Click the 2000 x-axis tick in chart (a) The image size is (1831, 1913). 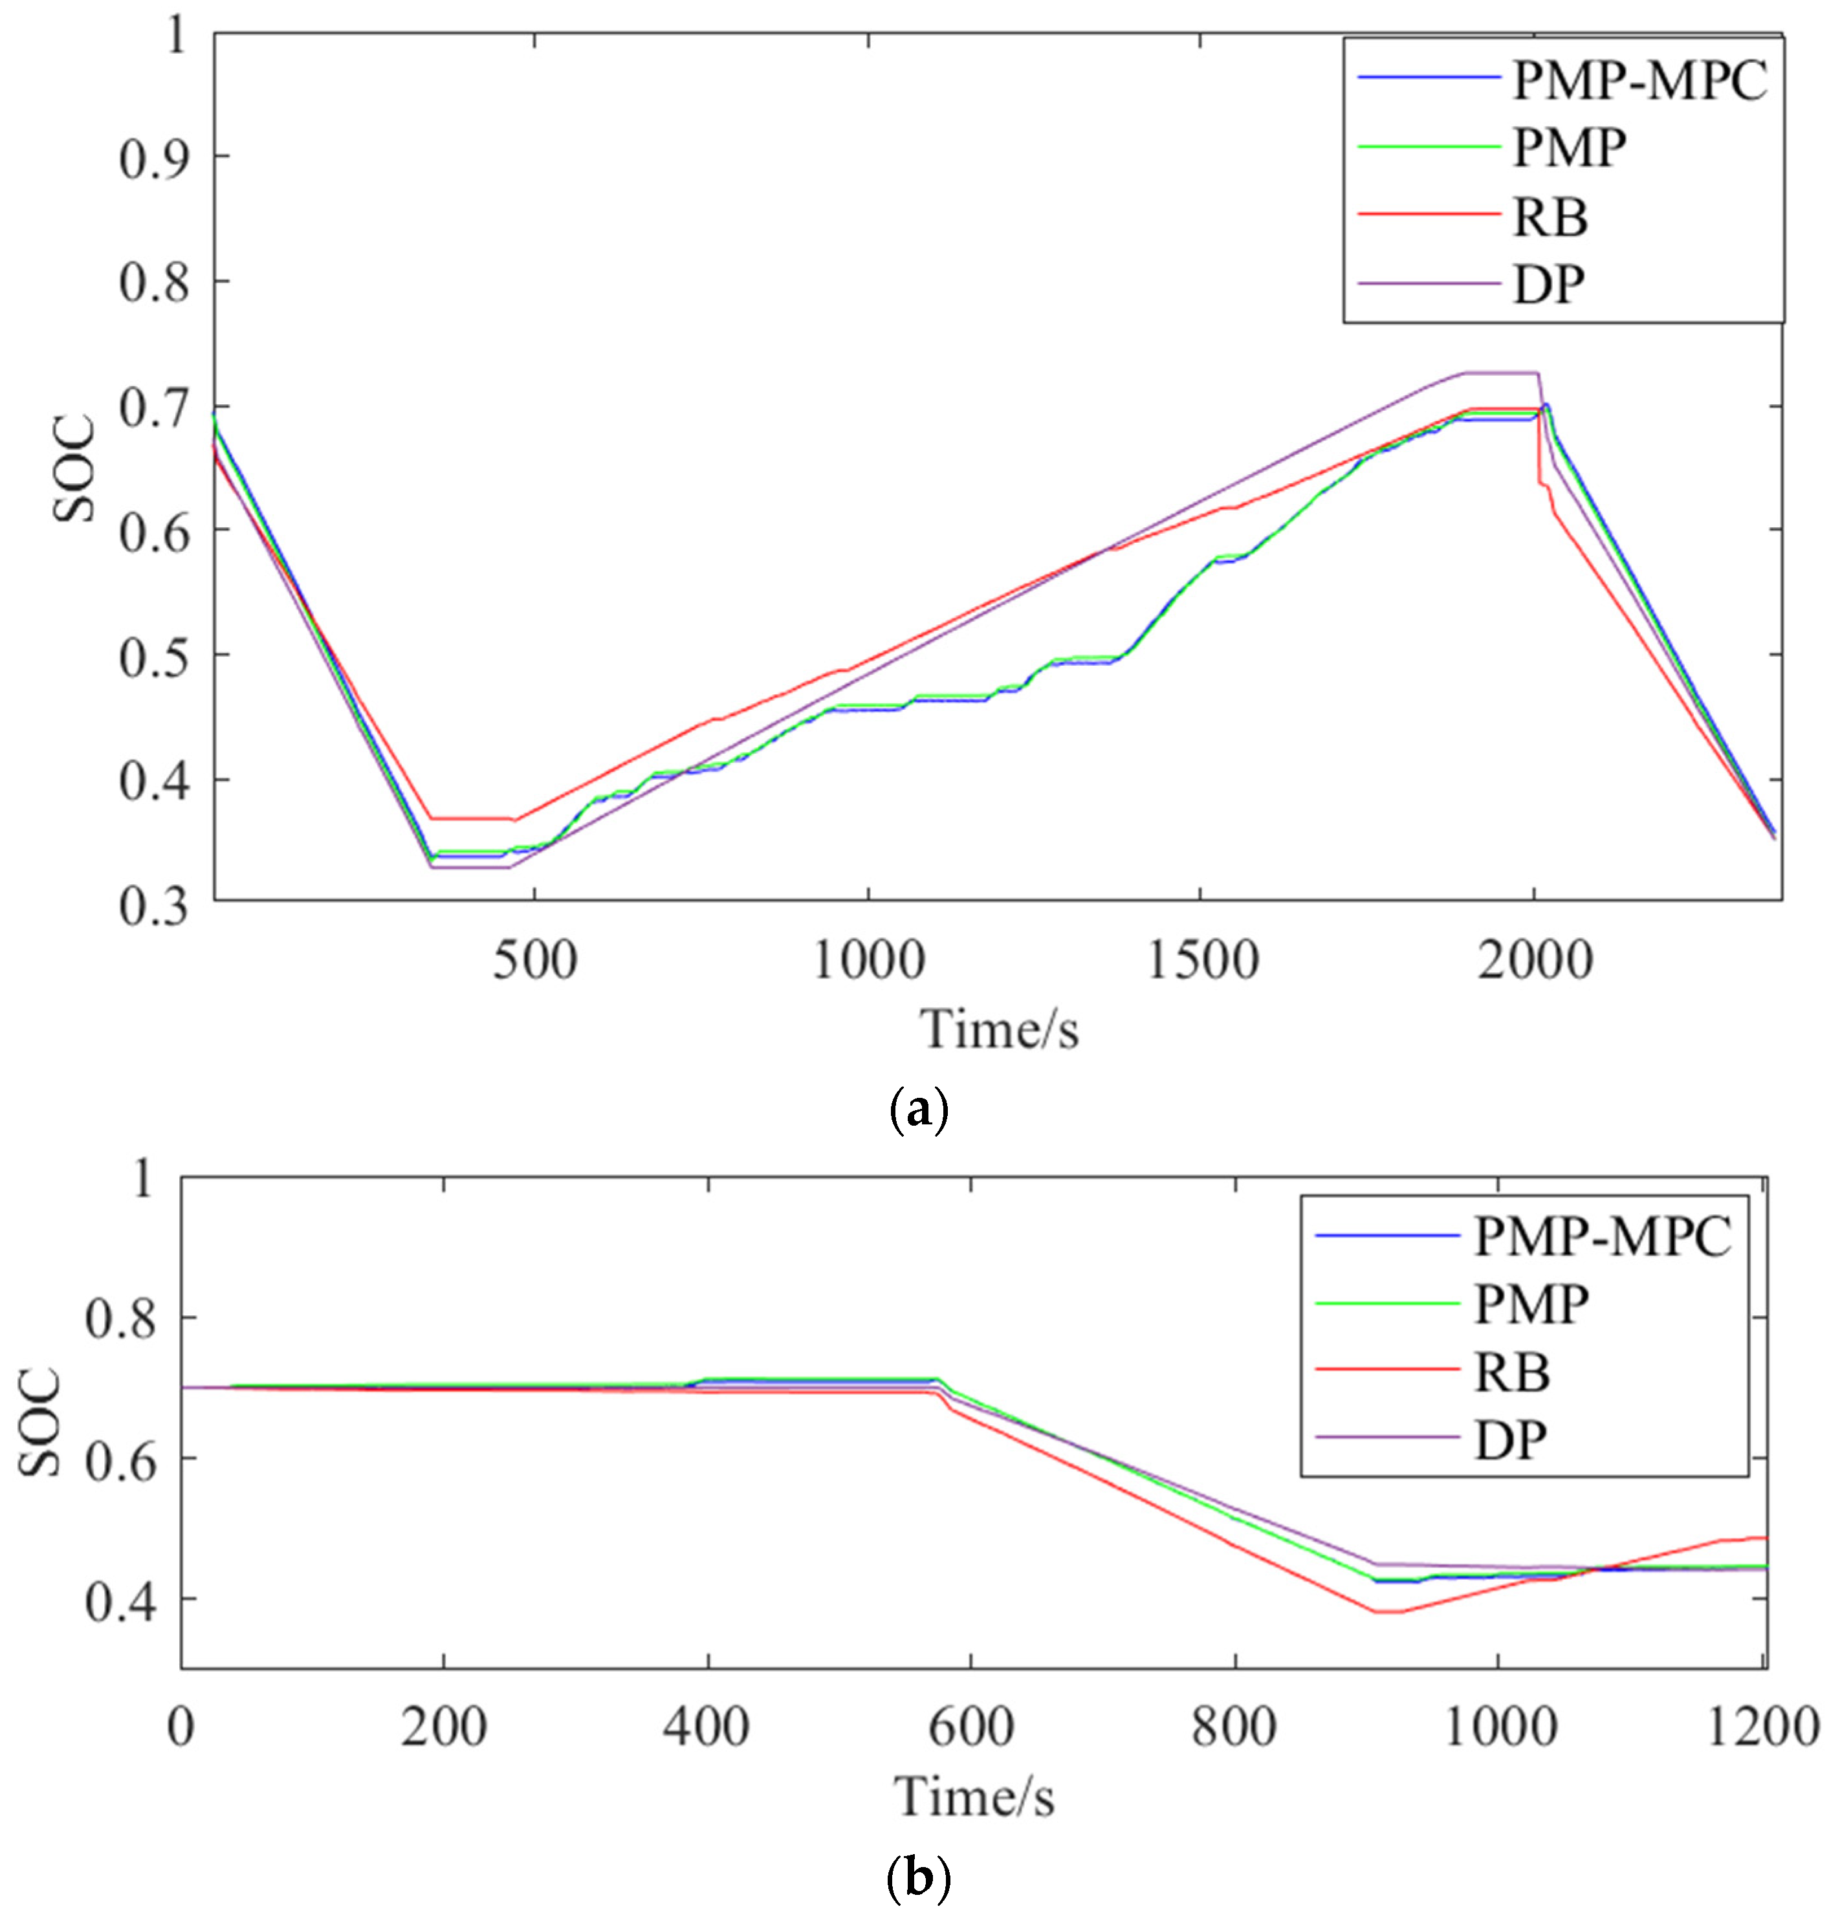pos(1534,961)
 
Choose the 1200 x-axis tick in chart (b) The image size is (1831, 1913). pos(1762,1727)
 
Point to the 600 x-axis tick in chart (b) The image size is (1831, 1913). pos(971,1727)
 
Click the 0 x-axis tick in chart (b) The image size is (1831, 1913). pos(181,1727)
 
